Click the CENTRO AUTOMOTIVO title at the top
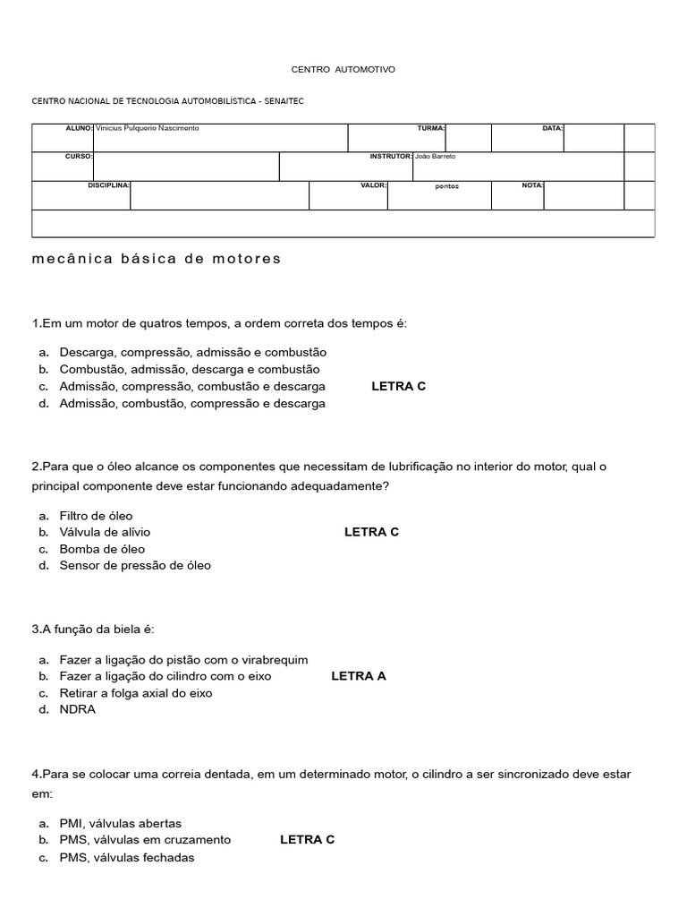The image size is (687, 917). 343,69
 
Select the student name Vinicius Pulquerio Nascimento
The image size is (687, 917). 147,129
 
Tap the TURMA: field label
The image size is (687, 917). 431,129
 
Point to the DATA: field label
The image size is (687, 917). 552,129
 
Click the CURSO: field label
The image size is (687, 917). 79,156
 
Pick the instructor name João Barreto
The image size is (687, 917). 436,156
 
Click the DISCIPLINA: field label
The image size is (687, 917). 108,185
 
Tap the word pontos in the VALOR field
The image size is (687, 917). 446,187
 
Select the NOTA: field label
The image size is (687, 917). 532,185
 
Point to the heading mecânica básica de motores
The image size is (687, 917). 157,259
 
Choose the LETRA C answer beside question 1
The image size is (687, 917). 398,386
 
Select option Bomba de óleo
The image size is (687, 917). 102,549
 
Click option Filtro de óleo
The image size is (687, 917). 96,516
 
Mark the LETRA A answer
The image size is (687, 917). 358,676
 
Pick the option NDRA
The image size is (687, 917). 77,709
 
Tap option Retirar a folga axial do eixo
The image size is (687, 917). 136,693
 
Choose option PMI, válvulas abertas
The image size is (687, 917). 120,823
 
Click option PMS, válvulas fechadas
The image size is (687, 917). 126,857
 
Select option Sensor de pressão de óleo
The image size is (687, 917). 135,566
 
